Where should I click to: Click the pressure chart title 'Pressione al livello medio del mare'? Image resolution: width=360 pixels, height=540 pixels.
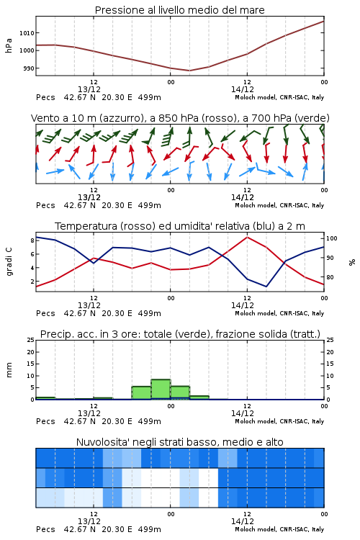pyautogui.click(x=179, y=10)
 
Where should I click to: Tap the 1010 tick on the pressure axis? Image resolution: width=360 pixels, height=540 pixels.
pyautogui.click(x=27, y=33)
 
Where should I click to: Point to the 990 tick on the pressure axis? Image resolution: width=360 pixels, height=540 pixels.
pyautogui.click(x=29, y=68)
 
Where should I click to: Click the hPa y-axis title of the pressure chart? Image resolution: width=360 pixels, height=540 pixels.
pyautogui.click(x=9, y=45)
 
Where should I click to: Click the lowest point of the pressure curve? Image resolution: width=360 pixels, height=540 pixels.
pyautogui.click(x=189, y=71)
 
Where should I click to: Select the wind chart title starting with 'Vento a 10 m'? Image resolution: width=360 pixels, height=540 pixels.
pyautogui.click(x=180, y=118)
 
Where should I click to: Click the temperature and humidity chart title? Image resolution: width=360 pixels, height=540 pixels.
pyautogui.click(x=180, y=226)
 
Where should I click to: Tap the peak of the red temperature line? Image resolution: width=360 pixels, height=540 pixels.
pyautogui.click(x=247, y=238)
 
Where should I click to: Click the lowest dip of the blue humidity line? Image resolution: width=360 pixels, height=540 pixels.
pyautogui.click(x=266, y=286)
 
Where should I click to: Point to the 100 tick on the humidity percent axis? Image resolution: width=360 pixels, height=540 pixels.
pyautogui.click(x=332, y=238)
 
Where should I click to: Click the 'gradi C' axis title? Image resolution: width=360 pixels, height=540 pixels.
pyautogui.click(x=9, y=261)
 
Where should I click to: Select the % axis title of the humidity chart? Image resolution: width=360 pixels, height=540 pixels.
pyautogui.click(x=352, y=262)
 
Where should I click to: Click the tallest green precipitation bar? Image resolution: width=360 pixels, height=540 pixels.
pyautogui.click(x=161, y=389)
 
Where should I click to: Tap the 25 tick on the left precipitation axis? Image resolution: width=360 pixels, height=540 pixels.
pyautogui.click(x=30, y=340)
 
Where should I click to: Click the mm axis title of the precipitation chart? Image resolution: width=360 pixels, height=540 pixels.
pyautogui.click(x=9, y=369)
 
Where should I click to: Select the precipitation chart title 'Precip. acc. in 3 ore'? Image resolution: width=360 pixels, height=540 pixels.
pyautogui.click(x=180, y=334)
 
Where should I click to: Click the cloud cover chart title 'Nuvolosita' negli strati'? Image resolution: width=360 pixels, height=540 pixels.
pyautogui.click(x=180, y=442)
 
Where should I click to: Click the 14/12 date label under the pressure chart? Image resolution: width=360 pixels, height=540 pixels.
pyautogui.click(x=243, y=89)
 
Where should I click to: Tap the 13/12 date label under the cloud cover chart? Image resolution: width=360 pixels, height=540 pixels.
pyautogui.click(x=89, y=521)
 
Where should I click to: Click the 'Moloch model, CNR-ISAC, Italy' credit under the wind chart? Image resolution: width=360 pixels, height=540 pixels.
pyautogui.click(x=279, y=206)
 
